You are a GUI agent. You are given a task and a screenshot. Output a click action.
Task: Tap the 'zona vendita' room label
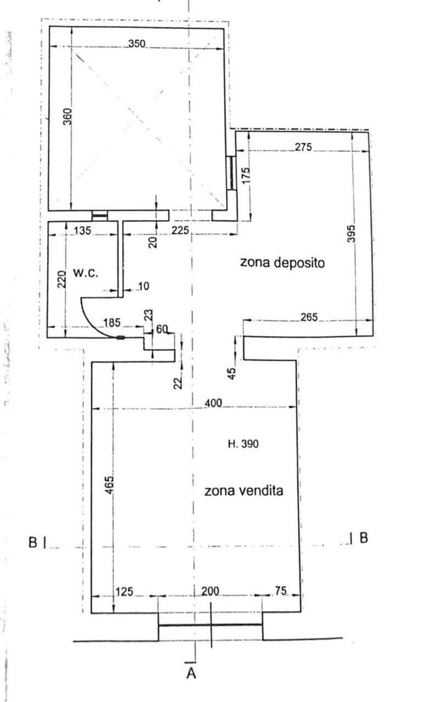(244, 491)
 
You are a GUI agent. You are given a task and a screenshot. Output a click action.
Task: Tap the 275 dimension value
(303, 147)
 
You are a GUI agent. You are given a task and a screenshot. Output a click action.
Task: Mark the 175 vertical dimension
(246, 175)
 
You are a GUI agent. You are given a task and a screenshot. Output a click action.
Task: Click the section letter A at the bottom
(190, 675)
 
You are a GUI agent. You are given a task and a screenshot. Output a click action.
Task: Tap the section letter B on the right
(364, 538)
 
